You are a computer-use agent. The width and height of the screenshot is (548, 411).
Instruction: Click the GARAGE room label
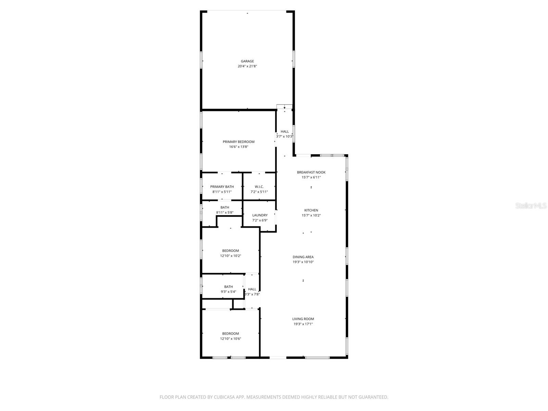[247, 61]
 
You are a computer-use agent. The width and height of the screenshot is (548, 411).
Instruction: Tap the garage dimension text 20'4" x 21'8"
[247, 66]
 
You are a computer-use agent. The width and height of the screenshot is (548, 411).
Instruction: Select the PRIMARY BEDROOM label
[238, 142]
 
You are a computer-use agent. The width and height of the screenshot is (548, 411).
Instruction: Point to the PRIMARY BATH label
[222, 187]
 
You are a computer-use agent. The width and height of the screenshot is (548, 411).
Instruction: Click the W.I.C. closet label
[259, 187]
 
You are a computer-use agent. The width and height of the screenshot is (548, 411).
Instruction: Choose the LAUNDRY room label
[260, 215]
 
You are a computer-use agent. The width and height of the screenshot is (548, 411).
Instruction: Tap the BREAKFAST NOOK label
[311, 172]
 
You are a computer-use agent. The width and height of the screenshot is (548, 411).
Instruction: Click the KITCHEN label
[311, 210]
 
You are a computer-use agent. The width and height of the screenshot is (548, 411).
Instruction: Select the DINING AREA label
[303, 257]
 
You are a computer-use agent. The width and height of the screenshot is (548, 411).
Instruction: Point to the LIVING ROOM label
[303, 319]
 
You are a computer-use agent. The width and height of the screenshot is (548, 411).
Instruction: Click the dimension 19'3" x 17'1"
[303, 324]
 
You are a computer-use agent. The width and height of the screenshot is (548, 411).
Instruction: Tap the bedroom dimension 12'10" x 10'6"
[231, 339]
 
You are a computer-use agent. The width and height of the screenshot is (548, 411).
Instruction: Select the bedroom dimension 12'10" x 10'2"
[231, 256]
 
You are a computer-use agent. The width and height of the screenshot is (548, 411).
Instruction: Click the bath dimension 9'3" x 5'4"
[228, 292]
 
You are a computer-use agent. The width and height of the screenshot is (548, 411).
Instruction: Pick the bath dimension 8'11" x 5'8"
[225, 212]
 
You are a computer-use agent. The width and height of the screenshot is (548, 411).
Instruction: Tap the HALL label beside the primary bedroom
[285, 132]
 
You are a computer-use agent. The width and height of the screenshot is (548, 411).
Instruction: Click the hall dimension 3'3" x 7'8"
[252, 294]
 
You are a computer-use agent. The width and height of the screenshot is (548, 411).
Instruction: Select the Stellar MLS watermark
[531, 206]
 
